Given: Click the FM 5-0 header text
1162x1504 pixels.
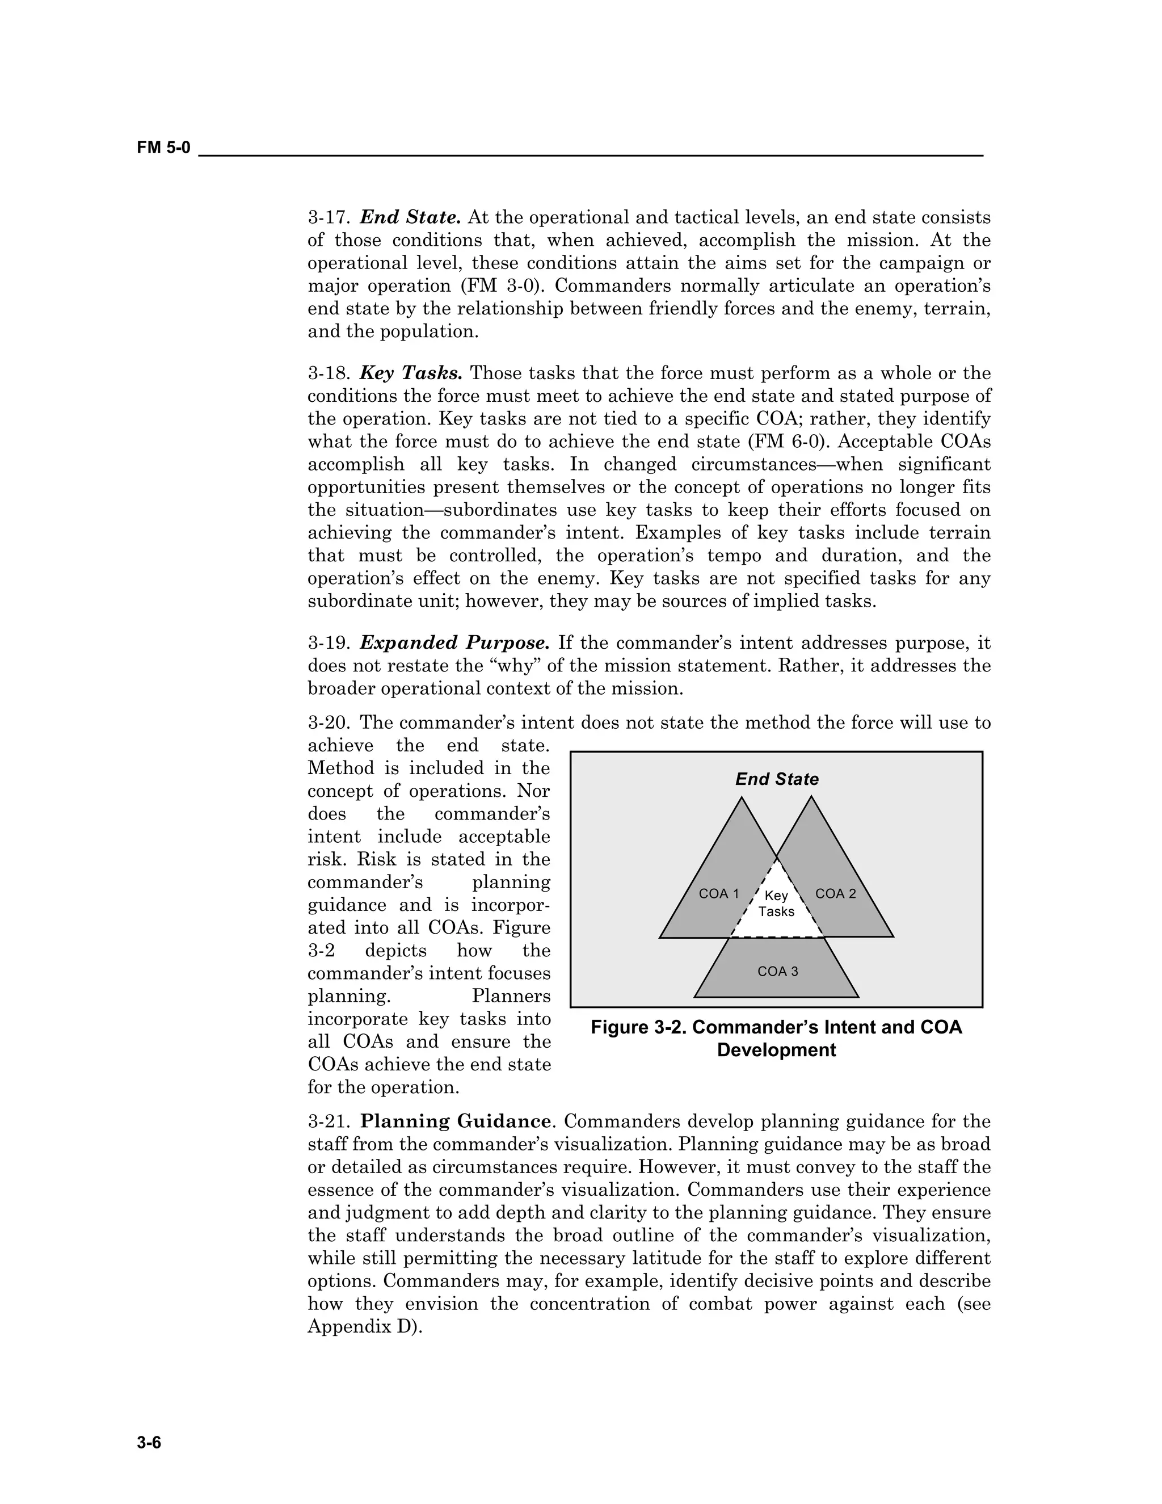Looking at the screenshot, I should point(163,148).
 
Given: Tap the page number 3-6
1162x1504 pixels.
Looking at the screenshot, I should point(149,1442).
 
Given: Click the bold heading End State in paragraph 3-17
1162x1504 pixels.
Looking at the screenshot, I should point(410,217).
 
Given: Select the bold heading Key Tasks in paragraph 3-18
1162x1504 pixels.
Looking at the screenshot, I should point(411,373).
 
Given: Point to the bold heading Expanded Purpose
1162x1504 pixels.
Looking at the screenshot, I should point(454,642).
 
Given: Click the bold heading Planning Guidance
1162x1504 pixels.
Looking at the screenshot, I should point(456,1121).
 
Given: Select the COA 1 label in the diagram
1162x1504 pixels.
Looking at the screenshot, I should point(718,893).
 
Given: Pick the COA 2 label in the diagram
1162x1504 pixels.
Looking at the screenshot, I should point(835,893).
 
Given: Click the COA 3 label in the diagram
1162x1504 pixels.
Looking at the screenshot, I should point(777,971).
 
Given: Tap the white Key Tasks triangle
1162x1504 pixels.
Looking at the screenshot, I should point(777,904).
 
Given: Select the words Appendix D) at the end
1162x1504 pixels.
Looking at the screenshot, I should point(365,1326).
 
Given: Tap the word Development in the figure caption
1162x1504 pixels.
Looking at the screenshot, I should point(776,1050).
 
